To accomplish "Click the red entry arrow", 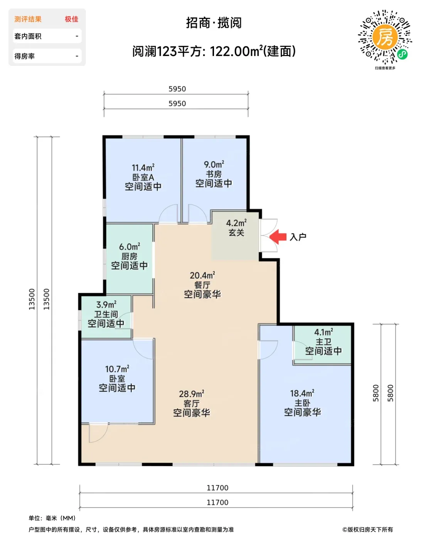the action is point(278,236).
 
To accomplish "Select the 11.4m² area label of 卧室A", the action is point(143,167).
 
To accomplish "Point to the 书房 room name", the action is point(214,174).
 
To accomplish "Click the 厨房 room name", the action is point(129,256).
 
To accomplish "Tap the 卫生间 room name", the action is point(106,314).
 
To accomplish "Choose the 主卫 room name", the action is point(324,341).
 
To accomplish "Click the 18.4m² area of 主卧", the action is point(302,393).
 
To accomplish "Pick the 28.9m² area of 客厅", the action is point(191,394).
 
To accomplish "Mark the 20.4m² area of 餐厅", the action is point(202,275).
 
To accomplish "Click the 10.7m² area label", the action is point(117,369).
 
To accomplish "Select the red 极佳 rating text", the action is point(71,19).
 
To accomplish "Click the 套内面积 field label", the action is point(28,36).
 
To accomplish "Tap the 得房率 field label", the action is point(24,56).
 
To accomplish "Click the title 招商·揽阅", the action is point(214,23).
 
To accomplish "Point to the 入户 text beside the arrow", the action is point(298,237).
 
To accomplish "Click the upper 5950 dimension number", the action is point(177,89).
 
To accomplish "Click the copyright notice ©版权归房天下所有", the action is point(367,530).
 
